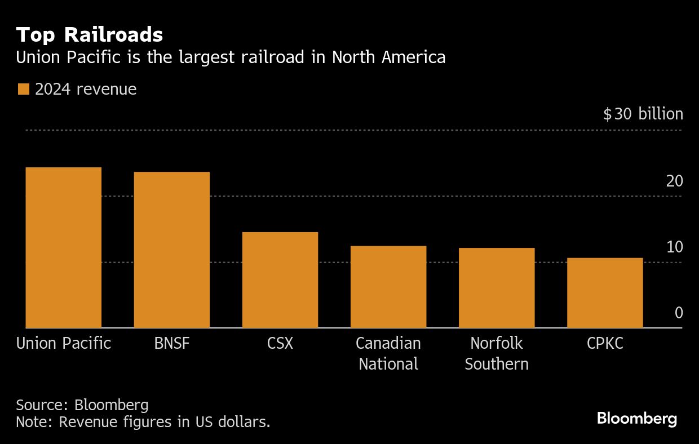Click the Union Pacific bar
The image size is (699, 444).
tap(64, 247)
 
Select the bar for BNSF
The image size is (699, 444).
tap(172, 250)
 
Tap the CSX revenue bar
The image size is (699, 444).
tap(280, 279)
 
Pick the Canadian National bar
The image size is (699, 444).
tap(388, 287)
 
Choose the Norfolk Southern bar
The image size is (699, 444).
tap(497, 288)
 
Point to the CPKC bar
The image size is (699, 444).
tap(605, 293)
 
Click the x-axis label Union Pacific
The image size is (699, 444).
tap(64, 343)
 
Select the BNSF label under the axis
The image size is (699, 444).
tap(172, 343)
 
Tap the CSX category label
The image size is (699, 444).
tap(280, 343)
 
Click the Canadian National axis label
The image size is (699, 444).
tap(388, 353)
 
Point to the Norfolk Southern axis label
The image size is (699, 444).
tap(497, 353)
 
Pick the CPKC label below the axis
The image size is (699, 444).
tap(605, 343)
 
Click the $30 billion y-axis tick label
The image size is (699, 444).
tap(643, 114)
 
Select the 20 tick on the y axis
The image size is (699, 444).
tap(675, 181)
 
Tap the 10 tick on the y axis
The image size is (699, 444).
tap(675, 247)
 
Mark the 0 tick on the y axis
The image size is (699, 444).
tap(679, 313)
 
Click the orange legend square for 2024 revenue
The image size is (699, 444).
tap(24, 90)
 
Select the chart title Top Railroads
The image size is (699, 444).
tap(90, 35)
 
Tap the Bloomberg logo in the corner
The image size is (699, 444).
tap(636, 419)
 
